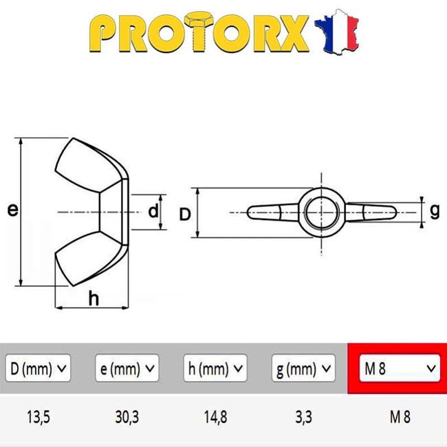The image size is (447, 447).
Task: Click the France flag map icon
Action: point(336,32)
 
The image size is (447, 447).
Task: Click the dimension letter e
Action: point(13,210)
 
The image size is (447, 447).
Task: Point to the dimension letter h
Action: point(94,298)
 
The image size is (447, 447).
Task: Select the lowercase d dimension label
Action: point(153,211)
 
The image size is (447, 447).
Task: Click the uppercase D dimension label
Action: point(185,214)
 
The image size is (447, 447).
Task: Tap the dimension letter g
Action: point(435,212)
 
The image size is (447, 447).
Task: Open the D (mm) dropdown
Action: point(38,368)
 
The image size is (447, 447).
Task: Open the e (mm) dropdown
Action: point(127,368)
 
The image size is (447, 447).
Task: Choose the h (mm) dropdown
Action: point(215,368)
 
